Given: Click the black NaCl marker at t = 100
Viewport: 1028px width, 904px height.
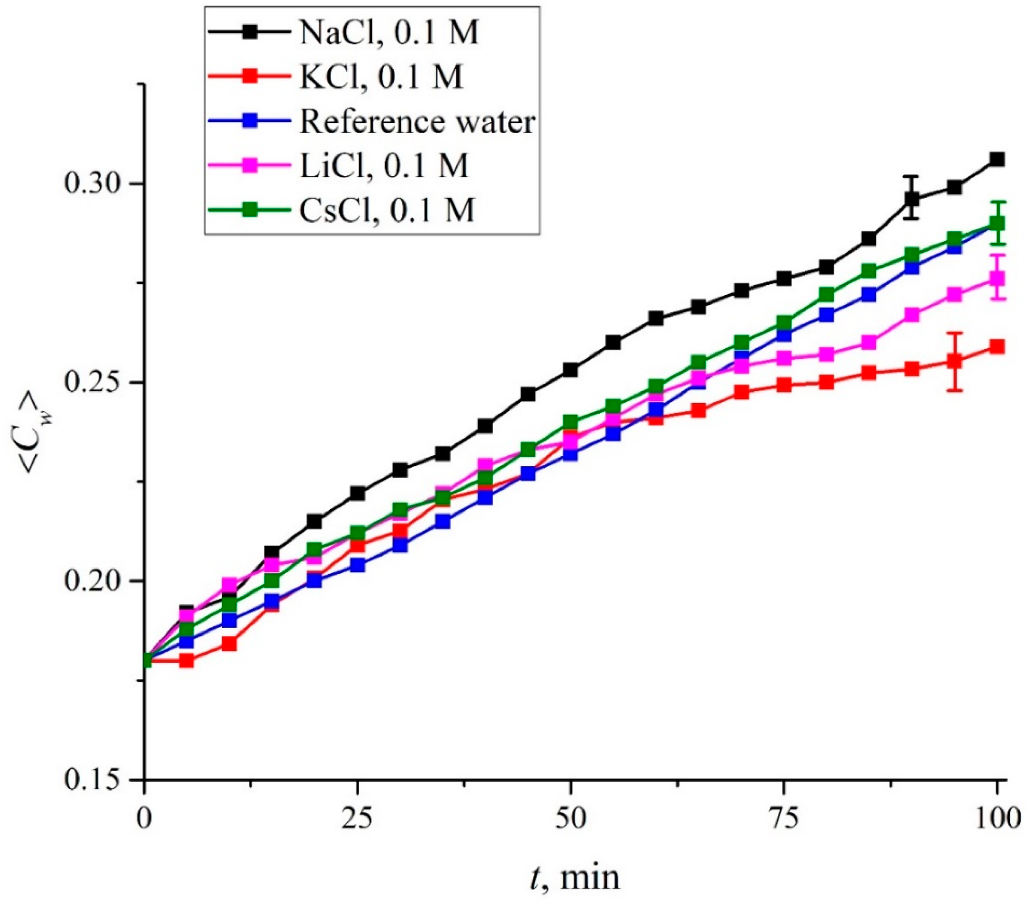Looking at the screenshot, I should [996, 160].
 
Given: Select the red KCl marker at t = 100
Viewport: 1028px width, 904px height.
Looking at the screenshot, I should [996, 347].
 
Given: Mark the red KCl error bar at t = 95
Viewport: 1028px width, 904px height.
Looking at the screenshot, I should [954, 362].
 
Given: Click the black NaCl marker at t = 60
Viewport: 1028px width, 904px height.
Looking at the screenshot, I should [655, 319].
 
